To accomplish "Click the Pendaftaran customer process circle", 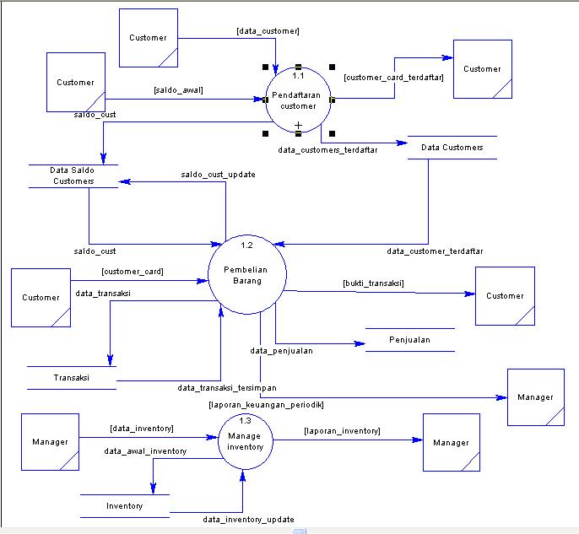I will click(298, 100).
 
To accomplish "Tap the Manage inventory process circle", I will click(245, 440).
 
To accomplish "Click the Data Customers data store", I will click(452, 148).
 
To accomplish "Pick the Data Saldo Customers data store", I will click(73, 175).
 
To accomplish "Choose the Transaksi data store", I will click(71, 378).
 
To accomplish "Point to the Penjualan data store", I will click(410, 340).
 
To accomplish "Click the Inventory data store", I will click(124, 506).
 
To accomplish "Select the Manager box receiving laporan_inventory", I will click(451, 442).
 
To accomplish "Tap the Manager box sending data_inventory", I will click(50, 442).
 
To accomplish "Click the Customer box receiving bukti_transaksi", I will click(505, 296).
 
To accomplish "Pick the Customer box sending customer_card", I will click(41, 297).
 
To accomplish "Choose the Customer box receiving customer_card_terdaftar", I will click(482, 69).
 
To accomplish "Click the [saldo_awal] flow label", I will click(178, 89).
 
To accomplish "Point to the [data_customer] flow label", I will click(268, 31).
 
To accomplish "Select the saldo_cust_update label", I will click(218, 175).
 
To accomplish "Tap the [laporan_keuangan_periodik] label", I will click(266, 405).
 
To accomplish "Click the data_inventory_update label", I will click(248, 520).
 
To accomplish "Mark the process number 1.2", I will click(246, 245).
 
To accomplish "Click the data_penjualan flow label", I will click(282, 350).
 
